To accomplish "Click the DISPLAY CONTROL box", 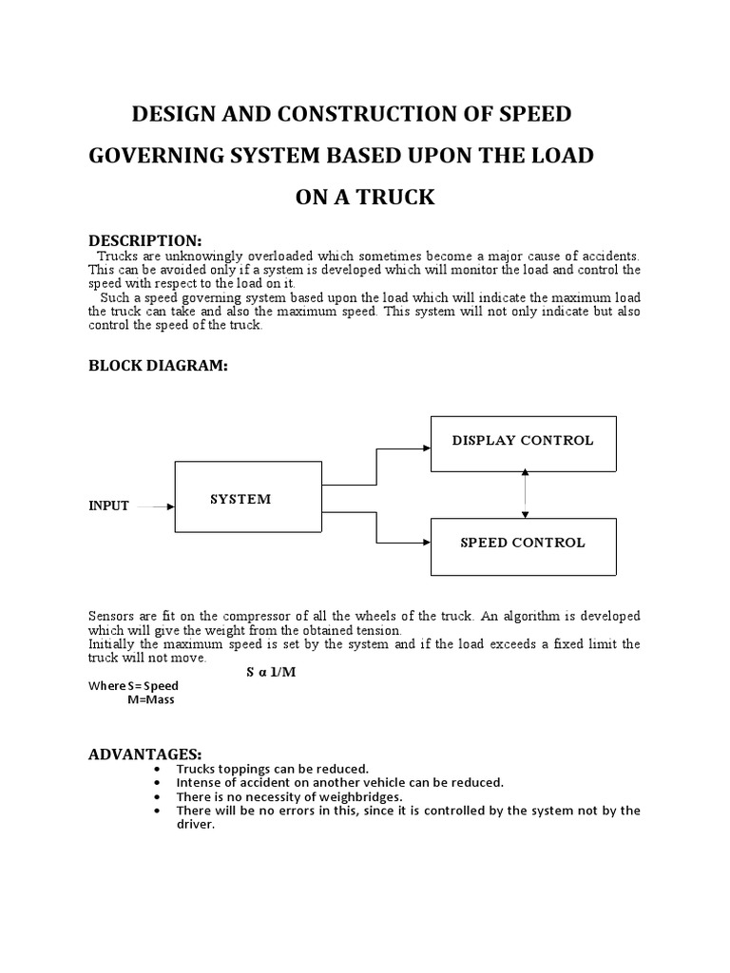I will coord(523,442).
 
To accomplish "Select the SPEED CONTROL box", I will coord(523,544).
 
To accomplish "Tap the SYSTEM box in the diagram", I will coord(248,500).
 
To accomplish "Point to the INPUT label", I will coord(108,506).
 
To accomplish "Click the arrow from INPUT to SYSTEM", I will coord(155,506).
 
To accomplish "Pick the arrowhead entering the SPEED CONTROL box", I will coord(425,544).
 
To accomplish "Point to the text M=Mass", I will coord(150,700).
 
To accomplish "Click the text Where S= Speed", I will coord(133,686).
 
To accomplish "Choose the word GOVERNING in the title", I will coord(157,156).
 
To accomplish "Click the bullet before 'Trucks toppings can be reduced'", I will coord(156,769).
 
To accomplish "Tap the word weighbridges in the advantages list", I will coord(359,796).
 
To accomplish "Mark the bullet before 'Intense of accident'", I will coord(156,783).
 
